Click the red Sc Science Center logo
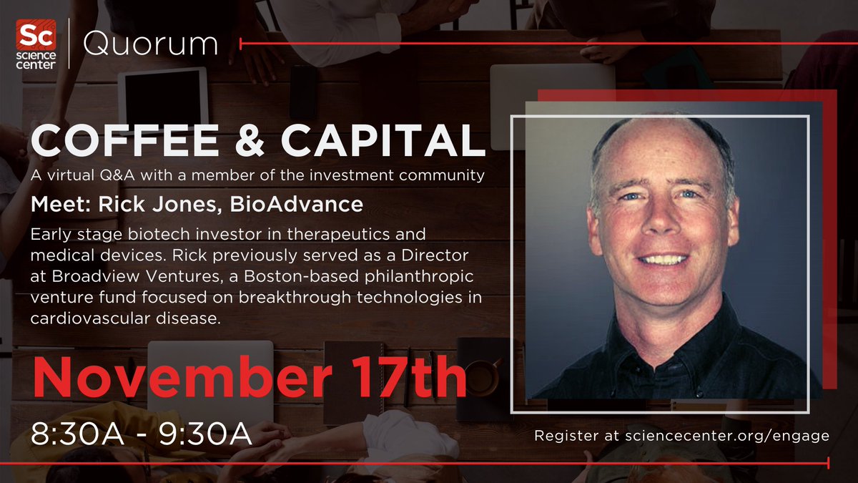[x=37, y=45]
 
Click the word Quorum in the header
[x=150, y=44]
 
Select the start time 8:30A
[x=72, y=434]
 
